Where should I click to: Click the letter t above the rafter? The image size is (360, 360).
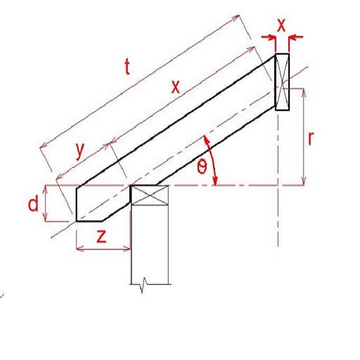tap(127, 67)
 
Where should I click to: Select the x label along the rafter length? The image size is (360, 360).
tap(176, 86)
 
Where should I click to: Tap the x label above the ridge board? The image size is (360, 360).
tap(281, 25)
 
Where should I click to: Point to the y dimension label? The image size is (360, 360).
tap(79, 149)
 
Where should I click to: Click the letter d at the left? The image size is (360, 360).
tap(32, 205)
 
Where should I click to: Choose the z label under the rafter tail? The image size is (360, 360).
tap(101, 236)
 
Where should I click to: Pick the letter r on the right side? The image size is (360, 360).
tap(309, 137)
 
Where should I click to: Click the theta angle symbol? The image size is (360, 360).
tap(202, 167)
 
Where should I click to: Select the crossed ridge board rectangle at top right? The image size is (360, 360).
tap(281, 82)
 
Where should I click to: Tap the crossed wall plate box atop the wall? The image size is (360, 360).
tap(151, 195)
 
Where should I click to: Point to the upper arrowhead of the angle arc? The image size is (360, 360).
tap(205, 138)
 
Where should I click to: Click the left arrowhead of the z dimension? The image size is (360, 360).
tap(78, 248)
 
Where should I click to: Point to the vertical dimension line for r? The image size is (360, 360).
tap(304, 137)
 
